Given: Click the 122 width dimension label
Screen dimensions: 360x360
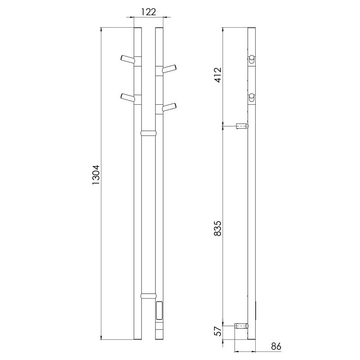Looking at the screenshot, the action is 149,12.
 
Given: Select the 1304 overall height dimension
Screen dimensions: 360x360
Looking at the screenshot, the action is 95,175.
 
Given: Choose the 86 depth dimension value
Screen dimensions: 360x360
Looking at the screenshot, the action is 276,346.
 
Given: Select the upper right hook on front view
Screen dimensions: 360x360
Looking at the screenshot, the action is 169,69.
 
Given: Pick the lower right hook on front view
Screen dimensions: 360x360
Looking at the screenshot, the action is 169,107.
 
